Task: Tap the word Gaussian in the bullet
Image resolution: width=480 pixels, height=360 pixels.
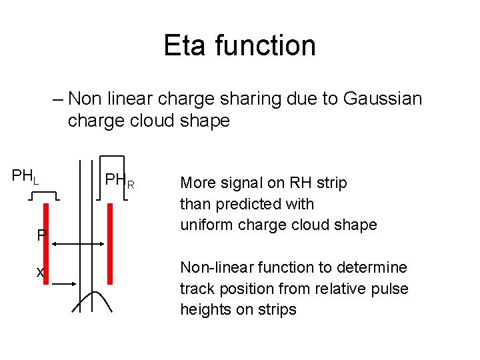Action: (x=383, y=99)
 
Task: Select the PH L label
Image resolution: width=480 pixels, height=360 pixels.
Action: (x=25, y=177)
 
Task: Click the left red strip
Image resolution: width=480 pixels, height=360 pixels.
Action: (x=46, y=243)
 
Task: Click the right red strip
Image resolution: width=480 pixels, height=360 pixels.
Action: (x=110, y=243)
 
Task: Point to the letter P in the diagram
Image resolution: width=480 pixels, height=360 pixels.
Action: (x=41, y=235)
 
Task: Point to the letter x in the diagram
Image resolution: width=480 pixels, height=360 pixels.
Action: (x=39, y=273)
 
